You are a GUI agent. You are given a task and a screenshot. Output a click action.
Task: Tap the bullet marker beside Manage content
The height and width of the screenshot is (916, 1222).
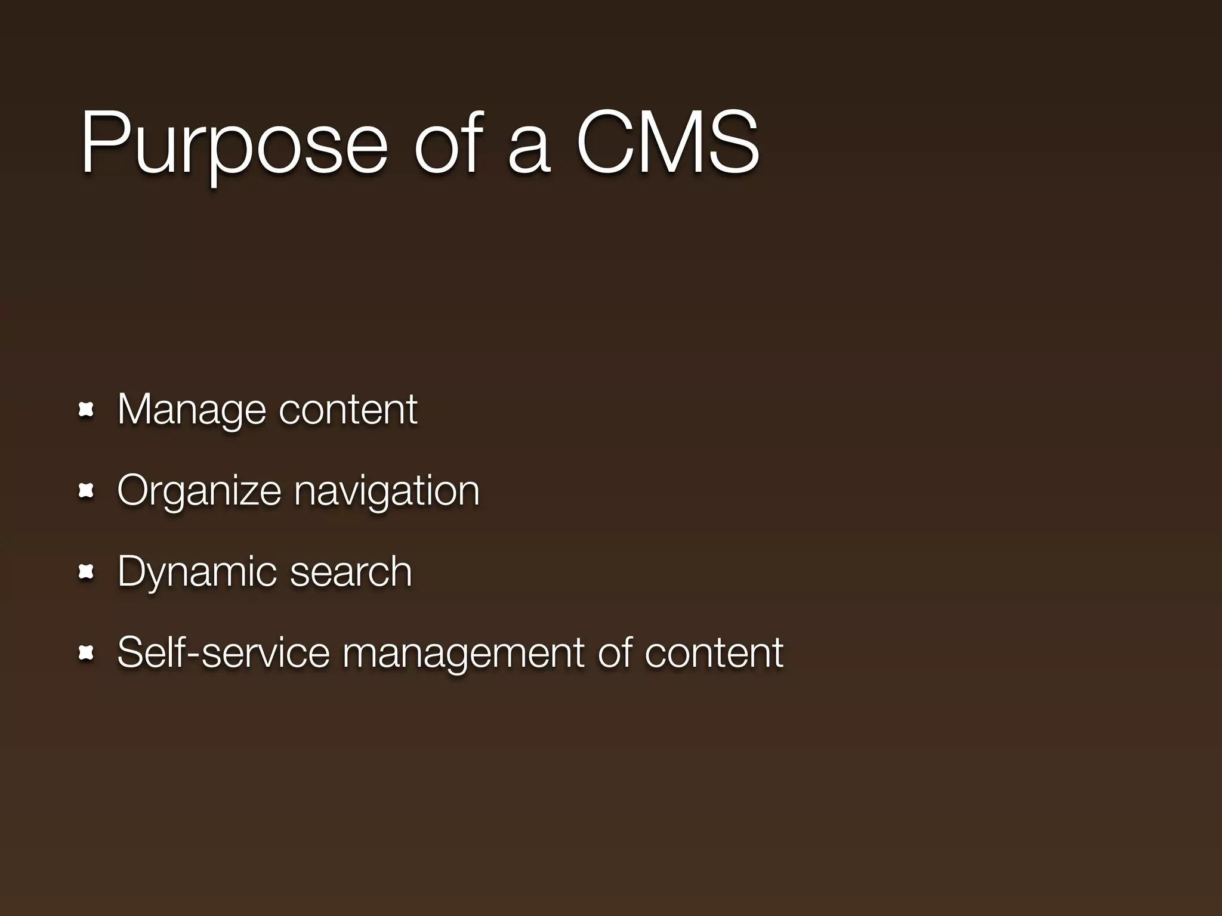87,410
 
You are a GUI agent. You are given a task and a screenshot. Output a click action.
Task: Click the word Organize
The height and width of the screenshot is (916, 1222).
199,491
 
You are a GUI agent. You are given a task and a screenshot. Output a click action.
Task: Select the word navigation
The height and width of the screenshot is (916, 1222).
387,491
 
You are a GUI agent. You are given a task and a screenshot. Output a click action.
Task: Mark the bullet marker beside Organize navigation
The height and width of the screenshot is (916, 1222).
87,491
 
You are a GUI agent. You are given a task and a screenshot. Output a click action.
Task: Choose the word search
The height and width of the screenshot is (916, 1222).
351,571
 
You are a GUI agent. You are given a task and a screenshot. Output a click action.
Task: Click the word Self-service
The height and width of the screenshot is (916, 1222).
223,652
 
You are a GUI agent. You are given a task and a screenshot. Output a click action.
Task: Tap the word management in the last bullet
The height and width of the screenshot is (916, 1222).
463,654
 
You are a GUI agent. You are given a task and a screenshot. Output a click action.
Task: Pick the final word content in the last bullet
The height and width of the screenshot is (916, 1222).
714,652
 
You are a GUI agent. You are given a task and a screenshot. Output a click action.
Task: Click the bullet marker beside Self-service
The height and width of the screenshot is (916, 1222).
87,654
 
